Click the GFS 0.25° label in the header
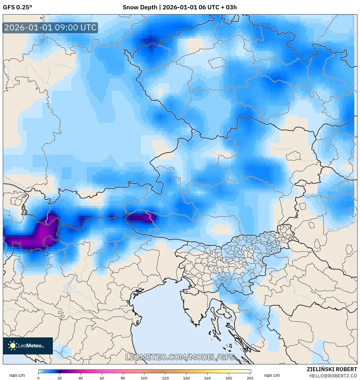pyautogui.click(x=17, y=7)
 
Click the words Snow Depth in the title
pyautogui.click(x=140, y=7)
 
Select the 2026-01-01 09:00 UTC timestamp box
pyautogui.click(x=50, y=28)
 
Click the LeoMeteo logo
pyautogui.click(x=28, y=346)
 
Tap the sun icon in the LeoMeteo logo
pyautogui.click(x=13, y=346)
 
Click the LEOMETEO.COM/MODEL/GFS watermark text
pyautogui.click(x=180, y=357)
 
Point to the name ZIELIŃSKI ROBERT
pyautogui.click(x=332, y=369)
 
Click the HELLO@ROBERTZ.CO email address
pyautogui.click(x=333, y=376)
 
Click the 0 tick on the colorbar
pyautogui.click(x=38, y=378)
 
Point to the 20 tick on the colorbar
pyautogui.click(x=59, y=378)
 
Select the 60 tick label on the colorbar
pyautogui.click(x=102, y=378)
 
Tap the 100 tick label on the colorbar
pyautogui.click(x=144, y=378)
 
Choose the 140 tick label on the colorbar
pyautogui.click(x=186, y=378)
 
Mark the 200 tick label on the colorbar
pyautogui.click(x=250, y=378)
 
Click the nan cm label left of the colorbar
pyautogui.click(x=17, y=375)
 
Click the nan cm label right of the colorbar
pyautogui.click(x=272, y=375)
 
